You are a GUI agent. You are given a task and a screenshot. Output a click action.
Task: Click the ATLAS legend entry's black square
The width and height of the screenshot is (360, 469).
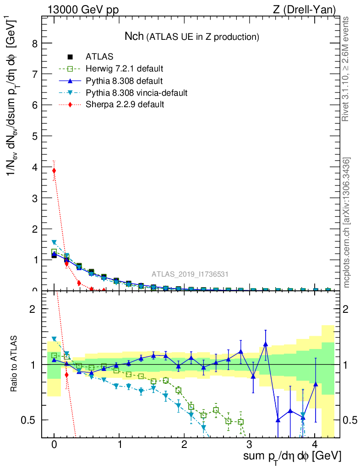[x=70, y=57]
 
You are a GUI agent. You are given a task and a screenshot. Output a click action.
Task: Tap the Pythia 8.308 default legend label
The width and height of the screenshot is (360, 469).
[x=124, y=81]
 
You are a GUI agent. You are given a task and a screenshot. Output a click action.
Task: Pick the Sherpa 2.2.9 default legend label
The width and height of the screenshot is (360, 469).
[x=125, y=105]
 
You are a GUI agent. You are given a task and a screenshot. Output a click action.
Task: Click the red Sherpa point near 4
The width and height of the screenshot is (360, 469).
[x=54, y=171]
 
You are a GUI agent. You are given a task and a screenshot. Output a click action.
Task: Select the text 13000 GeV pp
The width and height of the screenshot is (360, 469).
[x=82, y=9]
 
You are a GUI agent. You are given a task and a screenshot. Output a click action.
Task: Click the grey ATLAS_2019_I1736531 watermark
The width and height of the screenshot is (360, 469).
[x=190, y=274]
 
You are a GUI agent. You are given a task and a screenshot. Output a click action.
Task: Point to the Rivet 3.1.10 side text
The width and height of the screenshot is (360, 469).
[x=346, y=69]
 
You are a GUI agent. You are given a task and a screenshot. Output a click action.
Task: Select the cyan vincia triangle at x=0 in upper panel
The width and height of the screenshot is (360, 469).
[x=54, y=242]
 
